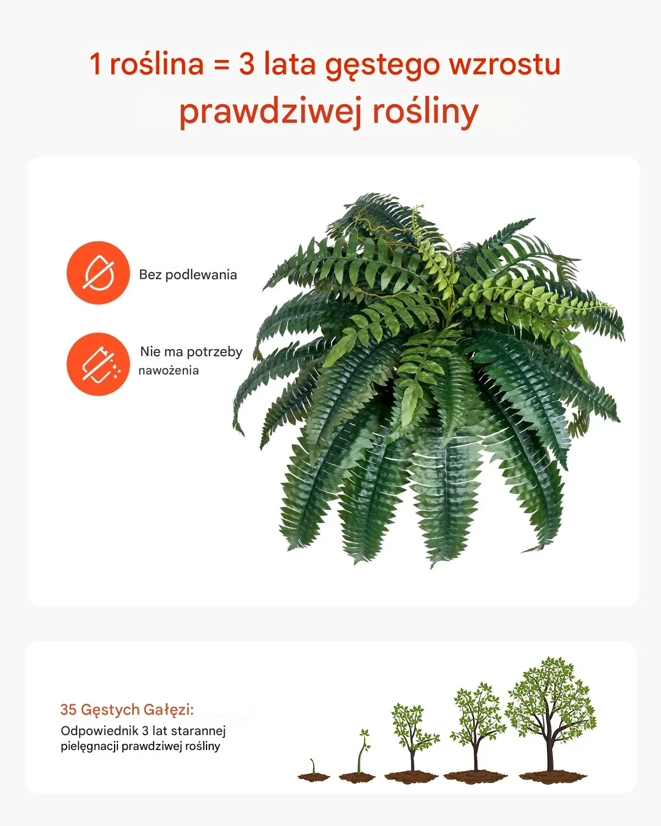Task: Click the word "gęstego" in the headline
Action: click(382, 66)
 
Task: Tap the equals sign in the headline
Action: click(221, 64)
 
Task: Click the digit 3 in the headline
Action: click(247, 63)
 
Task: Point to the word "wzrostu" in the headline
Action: click(505, 64)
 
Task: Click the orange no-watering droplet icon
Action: click(99, 273)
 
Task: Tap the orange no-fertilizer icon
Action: click(99, 364)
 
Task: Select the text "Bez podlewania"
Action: click(188, 275)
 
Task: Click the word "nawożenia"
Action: click(169, 371)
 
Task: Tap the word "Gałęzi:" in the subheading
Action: click(169, 710)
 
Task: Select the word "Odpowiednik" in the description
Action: click(100, 731)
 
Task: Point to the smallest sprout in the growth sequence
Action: click(314, 772)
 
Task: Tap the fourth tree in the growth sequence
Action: click(476, 733)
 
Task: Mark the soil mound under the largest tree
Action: click(553, 777)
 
